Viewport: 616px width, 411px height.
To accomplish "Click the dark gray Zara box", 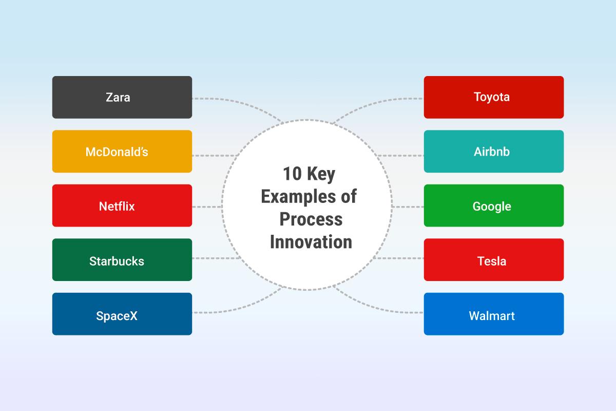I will click(x=122, y=97).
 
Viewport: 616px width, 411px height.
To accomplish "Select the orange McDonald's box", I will click(x=122, y=152).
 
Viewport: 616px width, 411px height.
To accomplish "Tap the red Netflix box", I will click(x=122, y=206).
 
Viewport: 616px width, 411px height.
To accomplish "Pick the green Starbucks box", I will click(x=122, y=260).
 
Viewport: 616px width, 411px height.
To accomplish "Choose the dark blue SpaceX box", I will click(x=122, y=315).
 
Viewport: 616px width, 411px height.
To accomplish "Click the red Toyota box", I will click(x=493, y=97).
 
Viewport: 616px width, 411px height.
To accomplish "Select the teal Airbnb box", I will click(x=493, y=152).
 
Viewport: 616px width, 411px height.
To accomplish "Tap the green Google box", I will click(x=493, y=206).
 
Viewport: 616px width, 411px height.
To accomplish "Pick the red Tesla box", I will click(x=493, y=260).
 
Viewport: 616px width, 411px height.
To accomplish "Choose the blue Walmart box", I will click(x=493, y=315).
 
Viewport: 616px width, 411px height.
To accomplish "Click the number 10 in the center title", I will click(x=293, y=175).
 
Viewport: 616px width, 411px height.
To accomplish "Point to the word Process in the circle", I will click(x=311, y=219).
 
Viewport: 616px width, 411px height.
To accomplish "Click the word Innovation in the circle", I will click(x=311, y=241).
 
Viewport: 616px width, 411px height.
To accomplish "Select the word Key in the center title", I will click(x=321, y=175).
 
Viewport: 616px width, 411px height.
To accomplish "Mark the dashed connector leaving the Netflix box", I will click(x=207, y=207).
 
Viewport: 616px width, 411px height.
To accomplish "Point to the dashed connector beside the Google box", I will click(x=408, y=207).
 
